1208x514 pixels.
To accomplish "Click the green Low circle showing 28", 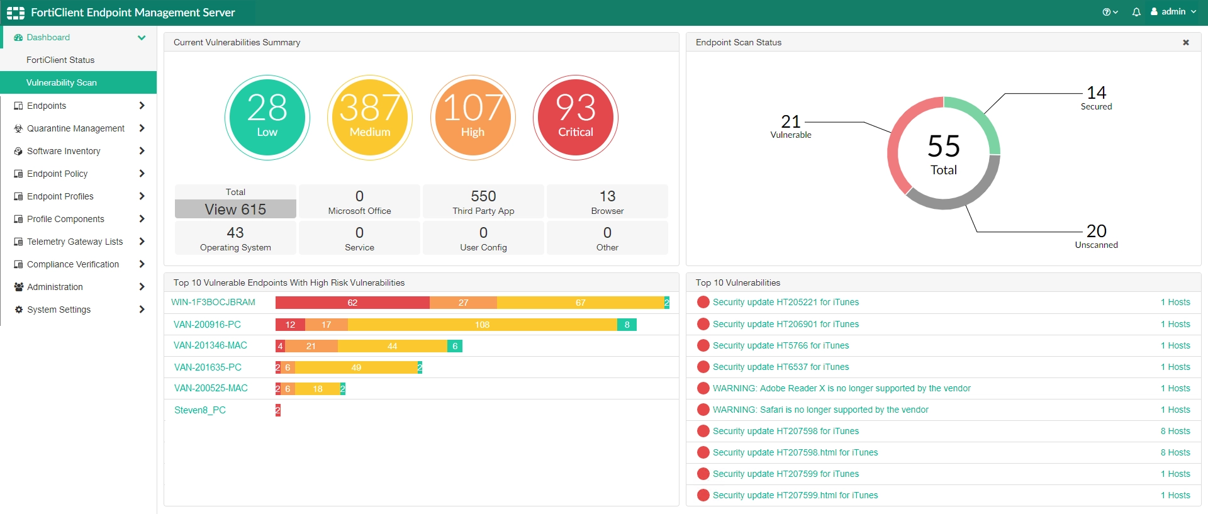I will coord(267,118).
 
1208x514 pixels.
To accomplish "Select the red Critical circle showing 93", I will coord(575,118).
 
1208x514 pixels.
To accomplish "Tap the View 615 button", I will coord(235,209).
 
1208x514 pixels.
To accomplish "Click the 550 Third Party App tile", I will coord(483,201).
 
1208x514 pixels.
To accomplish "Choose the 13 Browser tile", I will coord(607,201).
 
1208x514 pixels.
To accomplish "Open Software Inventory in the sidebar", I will coord(64,151).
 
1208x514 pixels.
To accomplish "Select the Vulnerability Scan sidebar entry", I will coord(62,82).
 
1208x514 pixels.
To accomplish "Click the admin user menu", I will coord(1173,12).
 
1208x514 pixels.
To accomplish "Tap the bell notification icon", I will coord(1136,12).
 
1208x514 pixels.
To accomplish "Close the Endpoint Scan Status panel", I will coord(1186,43).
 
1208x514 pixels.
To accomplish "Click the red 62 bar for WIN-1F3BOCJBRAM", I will coord(352,303).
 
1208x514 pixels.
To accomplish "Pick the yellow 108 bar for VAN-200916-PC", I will coord(482,325).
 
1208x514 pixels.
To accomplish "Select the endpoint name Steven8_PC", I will coord(200,410).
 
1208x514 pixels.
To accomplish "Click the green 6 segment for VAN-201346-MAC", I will coord(455,346).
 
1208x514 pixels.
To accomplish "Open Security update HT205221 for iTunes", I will coord(785,303).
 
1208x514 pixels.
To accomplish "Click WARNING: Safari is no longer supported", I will coord(820,410).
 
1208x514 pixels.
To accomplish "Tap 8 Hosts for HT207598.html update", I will coord(1175,452).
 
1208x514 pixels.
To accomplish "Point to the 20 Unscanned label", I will coord(1096,236).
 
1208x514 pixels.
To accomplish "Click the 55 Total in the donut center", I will coord(943,154).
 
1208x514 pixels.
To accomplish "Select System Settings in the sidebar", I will coord(59,310).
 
